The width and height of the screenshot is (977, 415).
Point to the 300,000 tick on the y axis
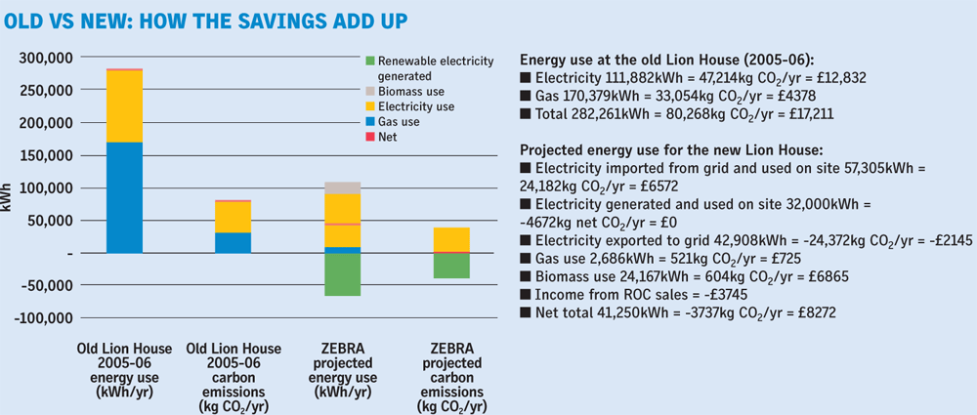49,59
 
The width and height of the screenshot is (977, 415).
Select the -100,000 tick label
47,318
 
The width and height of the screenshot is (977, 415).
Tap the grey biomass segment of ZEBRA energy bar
342,187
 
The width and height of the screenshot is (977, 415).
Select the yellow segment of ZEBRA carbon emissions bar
450,239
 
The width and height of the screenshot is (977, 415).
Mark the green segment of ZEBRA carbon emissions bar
450,266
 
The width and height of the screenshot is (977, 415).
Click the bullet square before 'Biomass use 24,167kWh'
527,277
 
